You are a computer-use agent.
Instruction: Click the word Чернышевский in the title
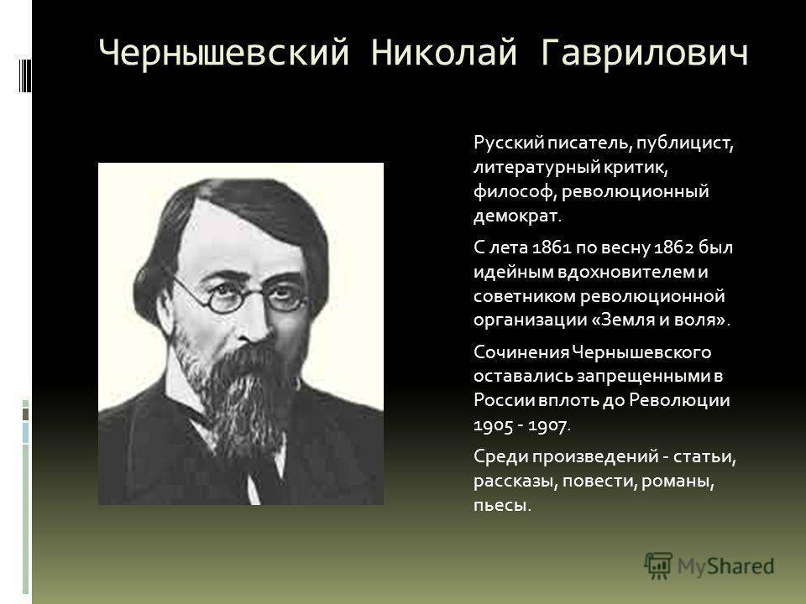point(223,52)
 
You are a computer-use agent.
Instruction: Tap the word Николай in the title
point(443,52)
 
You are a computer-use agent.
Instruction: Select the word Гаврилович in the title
point(645,52)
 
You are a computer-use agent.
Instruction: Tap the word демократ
point(517,216)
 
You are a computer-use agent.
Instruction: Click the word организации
point(530,320)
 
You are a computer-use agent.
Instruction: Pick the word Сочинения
point(521,352)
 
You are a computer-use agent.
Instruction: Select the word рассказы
point(516,482)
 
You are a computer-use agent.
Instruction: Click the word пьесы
point(502,505)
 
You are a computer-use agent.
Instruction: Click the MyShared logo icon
point(658,566)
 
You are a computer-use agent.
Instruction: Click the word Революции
point(679,401)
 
